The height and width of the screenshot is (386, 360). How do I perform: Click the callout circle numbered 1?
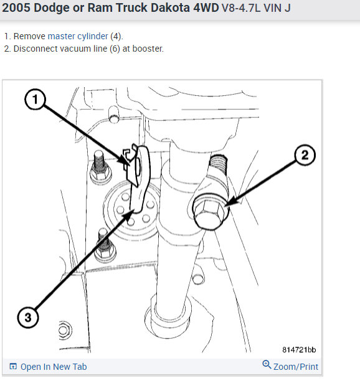point(36,99)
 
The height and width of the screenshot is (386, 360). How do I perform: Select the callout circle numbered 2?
point(305,155)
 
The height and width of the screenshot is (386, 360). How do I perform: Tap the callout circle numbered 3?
point(28,318)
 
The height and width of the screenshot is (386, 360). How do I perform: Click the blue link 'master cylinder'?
point(78,36)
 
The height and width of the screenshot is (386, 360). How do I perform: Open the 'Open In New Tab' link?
point(54,367)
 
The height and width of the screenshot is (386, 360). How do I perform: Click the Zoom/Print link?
point(296,367)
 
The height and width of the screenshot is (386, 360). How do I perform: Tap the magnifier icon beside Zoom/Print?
point(267,364)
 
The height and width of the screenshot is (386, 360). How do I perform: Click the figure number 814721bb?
point(299,349)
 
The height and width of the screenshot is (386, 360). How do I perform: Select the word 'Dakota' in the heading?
point(170,7)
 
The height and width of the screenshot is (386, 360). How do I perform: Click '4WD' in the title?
point(206,7)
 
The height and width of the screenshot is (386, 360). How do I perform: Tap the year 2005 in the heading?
point(16,7)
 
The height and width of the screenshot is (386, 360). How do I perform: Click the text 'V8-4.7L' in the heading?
point(241,8)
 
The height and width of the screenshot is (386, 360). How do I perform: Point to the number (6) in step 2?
point(115,49)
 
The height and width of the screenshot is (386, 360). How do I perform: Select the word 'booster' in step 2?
point(148,49)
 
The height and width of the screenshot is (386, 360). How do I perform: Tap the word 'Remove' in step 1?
point(29,36)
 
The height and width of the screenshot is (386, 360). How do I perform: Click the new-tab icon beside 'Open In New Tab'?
point(13,367)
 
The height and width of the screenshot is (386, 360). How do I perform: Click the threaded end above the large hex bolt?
point(218,164)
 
